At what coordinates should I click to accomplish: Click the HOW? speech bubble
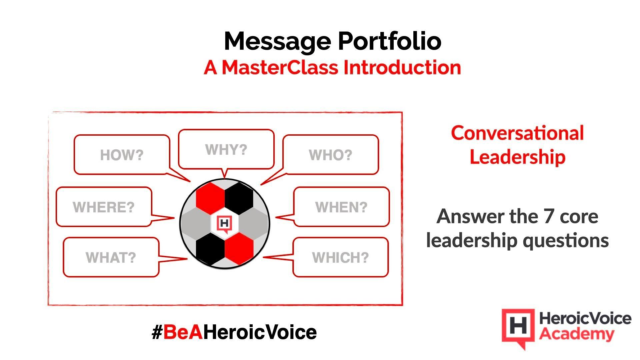pos(122,155)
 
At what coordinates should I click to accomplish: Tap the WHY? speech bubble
pos(226,149)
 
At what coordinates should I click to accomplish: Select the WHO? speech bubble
pos(330,155)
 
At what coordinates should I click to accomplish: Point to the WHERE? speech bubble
pos(104,207)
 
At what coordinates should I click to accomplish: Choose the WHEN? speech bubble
pos(341,207)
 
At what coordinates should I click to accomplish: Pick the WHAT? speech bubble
pos(111,257)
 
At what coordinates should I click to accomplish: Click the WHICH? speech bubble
pos(340,257)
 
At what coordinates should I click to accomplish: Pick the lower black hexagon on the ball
pos(210,248)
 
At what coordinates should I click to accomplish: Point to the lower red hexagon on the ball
pos(239,248)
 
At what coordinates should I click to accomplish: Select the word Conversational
pos(517,133)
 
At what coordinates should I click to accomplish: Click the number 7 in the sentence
pos(548,216)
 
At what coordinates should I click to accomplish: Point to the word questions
pos(566,240)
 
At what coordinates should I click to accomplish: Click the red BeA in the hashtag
pos(183,332)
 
